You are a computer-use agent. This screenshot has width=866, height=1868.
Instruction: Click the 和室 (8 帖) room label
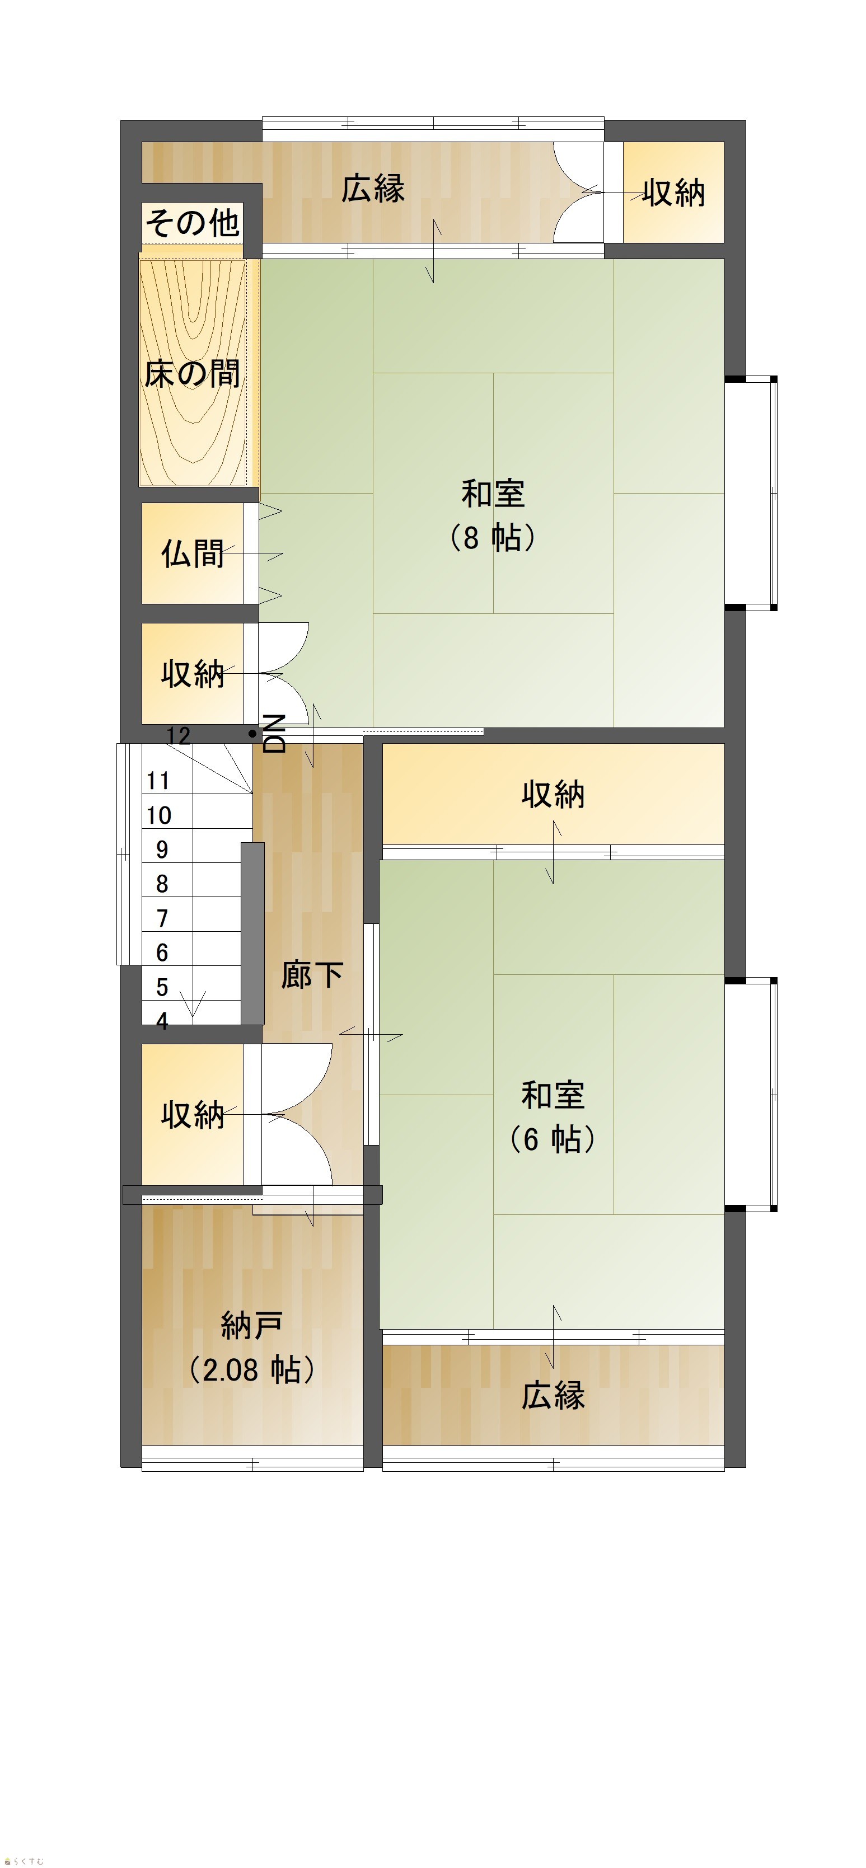pos(493,515)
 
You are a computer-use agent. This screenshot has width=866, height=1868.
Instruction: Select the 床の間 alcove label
pos(192,373)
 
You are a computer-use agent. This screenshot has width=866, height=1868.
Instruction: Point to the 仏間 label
pos(192,553)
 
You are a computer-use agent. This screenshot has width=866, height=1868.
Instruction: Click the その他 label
pos(192,222)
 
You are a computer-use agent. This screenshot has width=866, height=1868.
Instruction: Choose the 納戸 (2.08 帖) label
pos(252,1348)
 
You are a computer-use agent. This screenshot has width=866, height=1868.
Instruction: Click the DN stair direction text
pos(274,733)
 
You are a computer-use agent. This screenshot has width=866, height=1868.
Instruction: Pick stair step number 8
pos(162,883)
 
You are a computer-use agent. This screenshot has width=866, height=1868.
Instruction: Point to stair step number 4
pos(162,1020)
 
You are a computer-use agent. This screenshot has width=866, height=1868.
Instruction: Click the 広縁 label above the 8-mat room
pos(373,188)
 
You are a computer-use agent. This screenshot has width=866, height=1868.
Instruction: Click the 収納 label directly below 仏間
pos(192,674)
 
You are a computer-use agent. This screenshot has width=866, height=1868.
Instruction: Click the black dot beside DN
pos(252,734)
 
